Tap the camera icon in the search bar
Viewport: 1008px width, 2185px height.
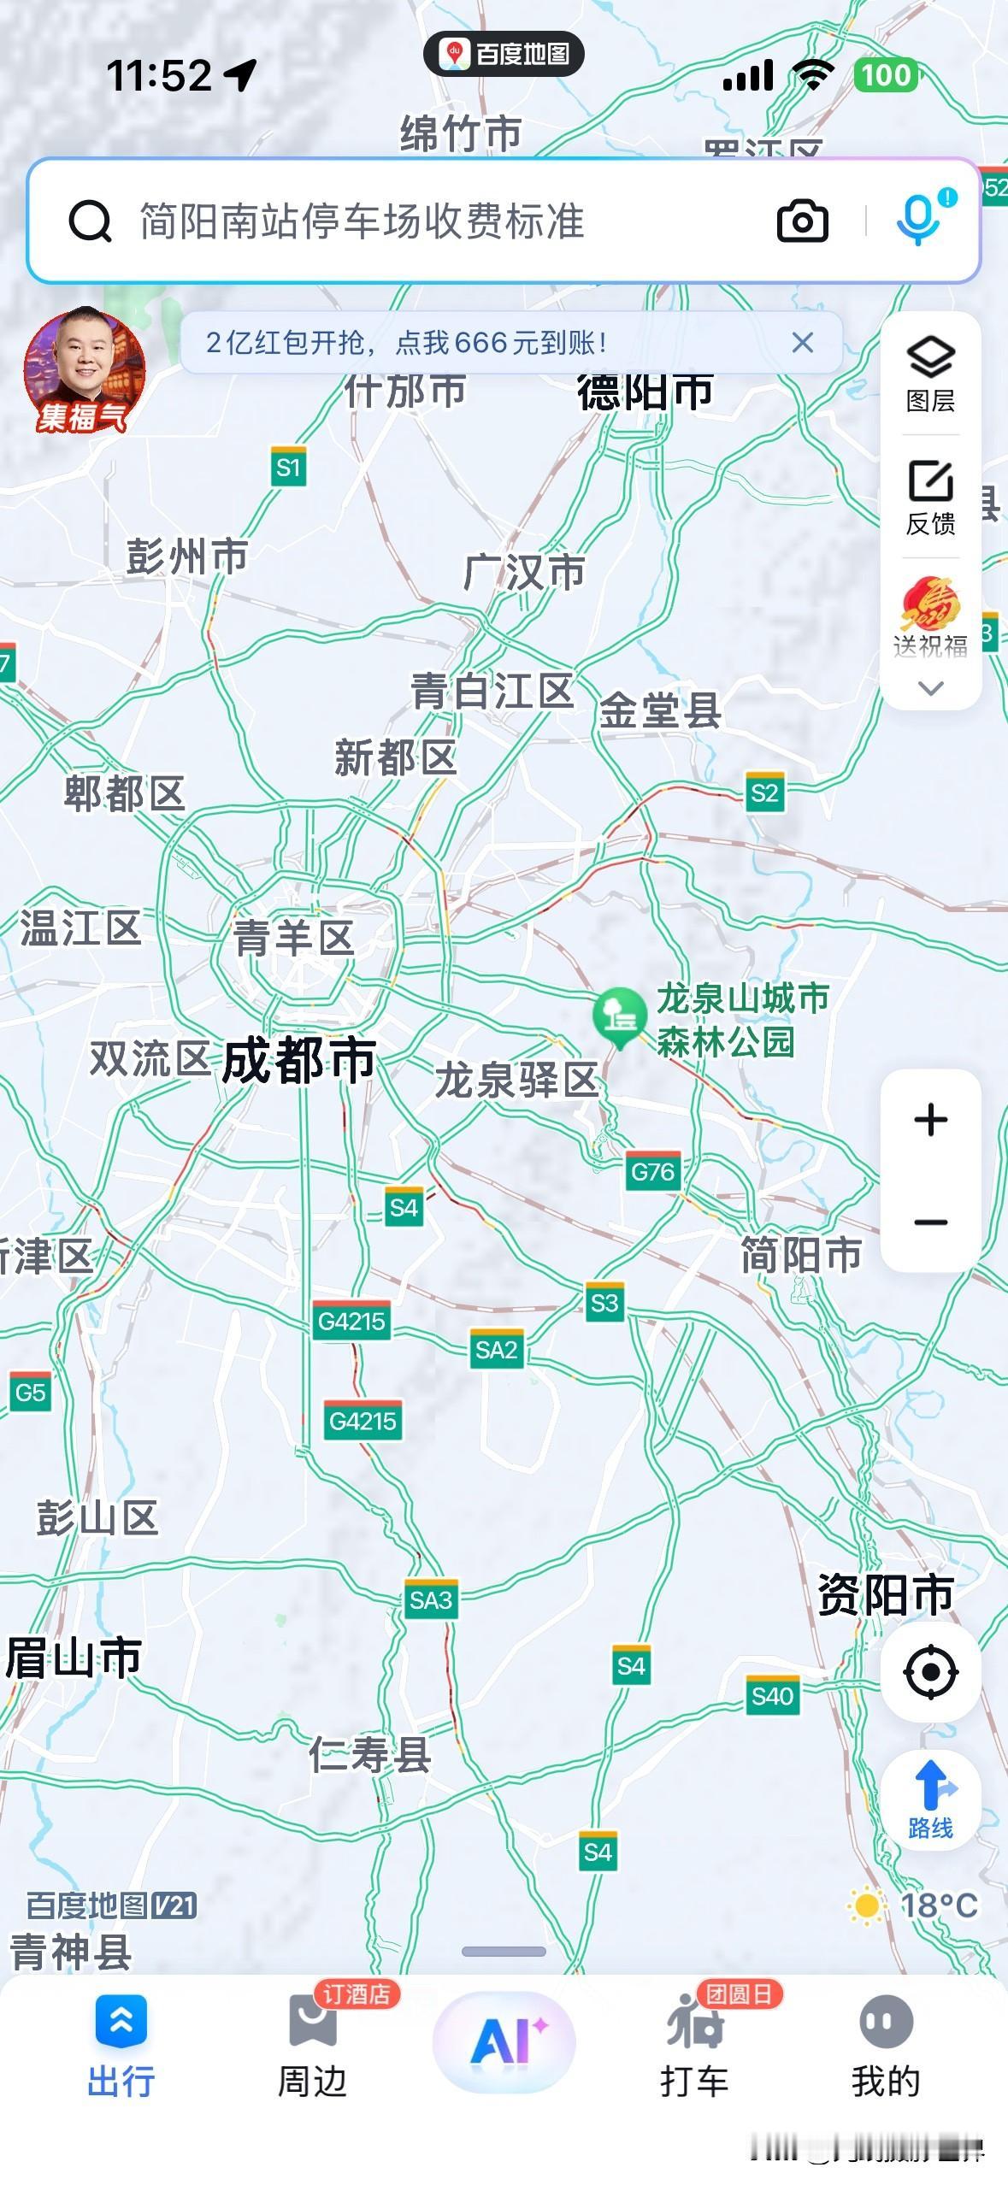pyautogui.click(x=802, y=221)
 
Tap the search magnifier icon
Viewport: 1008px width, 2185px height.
pyautogui.click(x=90, y=221)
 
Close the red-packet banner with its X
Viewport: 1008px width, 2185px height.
pyautogui.click(x=802, y=343)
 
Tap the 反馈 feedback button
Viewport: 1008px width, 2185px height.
pyautogui.click(x=930, y=497)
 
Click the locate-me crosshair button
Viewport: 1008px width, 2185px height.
pyautogui.click(x=930, y=1670)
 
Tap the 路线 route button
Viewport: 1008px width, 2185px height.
pyautogui.click(x=930, y=1799)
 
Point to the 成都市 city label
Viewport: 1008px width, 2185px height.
pyautogui.click(x=298, y=1061)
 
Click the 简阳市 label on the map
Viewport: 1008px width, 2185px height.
pyautogui.click(x=801, y=1255)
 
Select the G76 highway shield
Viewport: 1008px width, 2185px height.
pyautogui.click(x=652, y=1171)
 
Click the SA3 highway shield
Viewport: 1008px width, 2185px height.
pyautogui.click(x=430, y=1599)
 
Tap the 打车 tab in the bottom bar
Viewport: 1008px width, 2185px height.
pyautogui.click(x=694, y=2043)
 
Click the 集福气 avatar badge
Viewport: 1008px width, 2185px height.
pyautogui.click(x=84, y=370)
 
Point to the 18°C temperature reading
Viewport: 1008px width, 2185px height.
pyautogui.click(x=938, y=1905)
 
